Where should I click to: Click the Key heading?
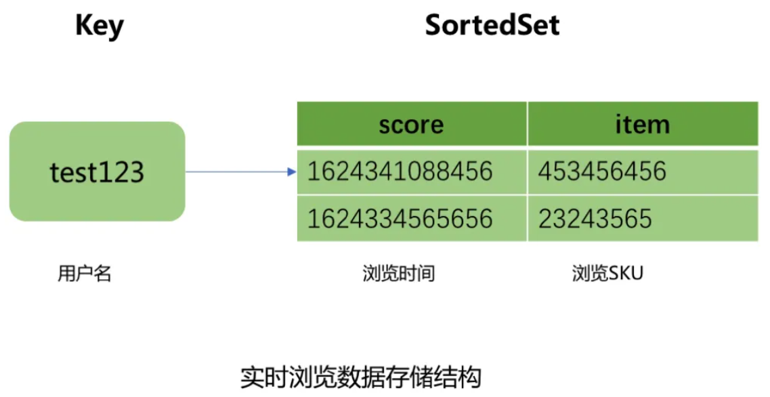(100, 26)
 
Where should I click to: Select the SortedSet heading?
(492, 25)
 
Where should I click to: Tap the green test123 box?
(97, 171)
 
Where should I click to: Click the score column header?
(411, 124)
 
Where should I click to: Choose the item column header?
(642, 124)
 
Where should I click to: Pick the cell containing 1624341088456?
(400, 171)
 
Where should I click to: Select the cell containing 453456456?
(602, 171)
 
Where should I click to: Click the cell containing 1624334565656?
(400, 218)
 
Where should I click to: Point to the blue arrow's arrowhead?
(292, 171)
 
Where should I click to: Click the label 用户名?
(84, 274)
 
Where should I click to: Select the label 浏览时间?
(399, 274)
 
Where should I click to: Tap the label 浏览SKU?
(607, 274)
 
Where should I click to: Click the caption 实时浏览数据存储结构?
(360, 377)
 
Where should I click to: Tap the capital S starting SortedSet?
(433, 25)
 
